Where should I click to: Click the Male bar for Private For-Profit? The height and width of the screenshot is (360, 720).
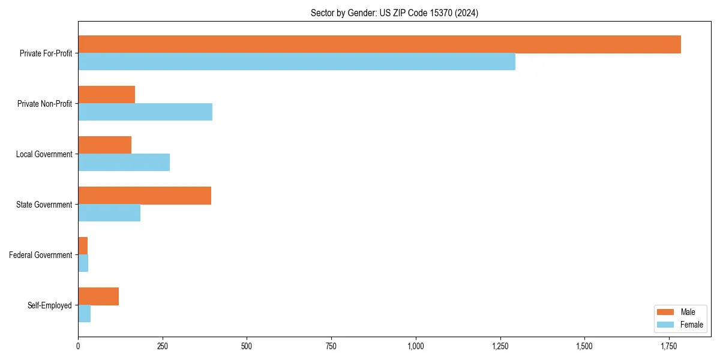[x=379, y=44]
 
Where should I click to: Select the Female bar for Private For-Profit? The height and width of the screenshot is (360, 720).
[x=296, y=62]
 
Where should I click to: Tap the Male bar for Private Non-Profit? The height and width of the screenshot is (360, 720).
[x=106, y=95]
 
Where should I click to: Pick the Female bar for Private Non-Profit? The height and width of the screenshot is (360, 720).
[x=145, y=112]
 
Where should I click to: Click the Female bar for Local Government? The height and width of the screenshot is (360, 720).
[x=124, y=163]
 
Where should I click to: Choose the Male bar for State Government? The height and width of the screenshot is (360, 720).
[x=145, y=196]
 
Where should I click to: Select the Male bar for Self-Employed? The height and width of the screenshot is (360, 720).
[x=98, y=296]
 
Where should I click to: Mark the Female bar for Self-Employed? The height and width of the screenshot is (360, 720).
[x=85, y=314]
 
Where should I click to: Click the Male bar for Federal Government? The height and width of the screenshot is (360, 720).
[x=83, y=245]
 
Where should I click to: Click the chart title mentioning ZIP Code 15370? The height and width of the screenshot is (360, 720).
[x=394, y=13]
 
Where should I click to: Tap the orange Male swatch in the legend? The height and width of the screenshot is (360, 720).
[x=666, y=312]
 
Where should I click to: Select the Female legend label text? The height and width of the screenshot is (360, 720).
[x=691, y=325]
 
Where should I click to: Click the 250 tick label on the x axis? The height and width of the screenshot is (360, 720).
[x=162, y=346]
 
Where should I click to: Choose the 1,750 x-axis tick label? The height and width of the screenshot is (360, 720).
[x=668, y=346]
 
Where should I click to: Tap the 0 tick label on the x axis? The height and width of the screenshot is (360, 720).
[x=78, y=346]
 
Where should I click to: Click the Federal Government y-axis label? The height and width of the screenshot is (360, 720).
[x=41, y=255]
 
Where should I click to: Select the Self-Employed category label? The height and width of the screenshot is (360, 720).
[x=50, y=305]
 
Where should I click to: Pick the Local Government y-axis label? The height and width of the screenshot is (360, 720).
[x=44, y=154]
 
